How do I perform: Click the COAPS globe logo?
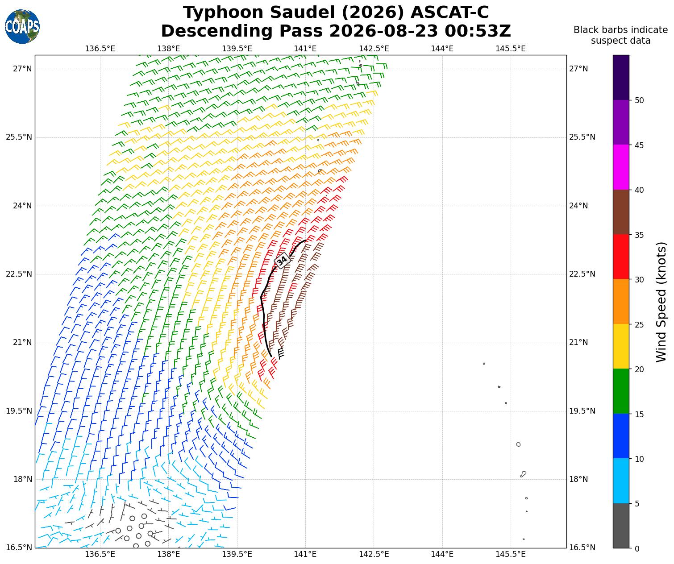tap(22, 26)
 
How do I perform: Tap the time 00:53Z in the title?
tap(478, 31)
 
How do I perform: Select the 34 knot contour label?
tap(282, 260)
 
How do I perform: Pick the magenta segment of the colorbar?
tap(621, 167)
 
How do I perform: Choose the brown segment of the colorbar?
tap(621, 212)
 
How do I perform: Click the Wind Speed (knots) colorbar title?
tap(661, 302)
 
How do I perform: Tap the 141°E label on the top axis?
tap(305, 49)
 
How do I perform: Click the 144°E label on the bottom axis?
tap(442, 554)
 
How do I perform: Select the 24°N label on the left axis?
tap(23, 206)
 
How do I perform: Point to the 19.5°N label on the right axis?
tap(582, 411)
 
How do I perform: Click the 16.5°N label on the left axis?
tap(19, 547)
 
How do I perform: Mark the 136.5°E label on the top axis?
tap(100, 49)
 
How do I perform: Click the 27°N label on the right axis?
tap(578, 69)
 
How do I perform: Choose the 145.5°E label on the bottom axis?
tap(510, 554)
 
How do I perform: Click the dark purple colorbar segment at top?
tap(621, 78)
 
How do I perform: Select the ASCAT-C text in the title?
tap(449, 12)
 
